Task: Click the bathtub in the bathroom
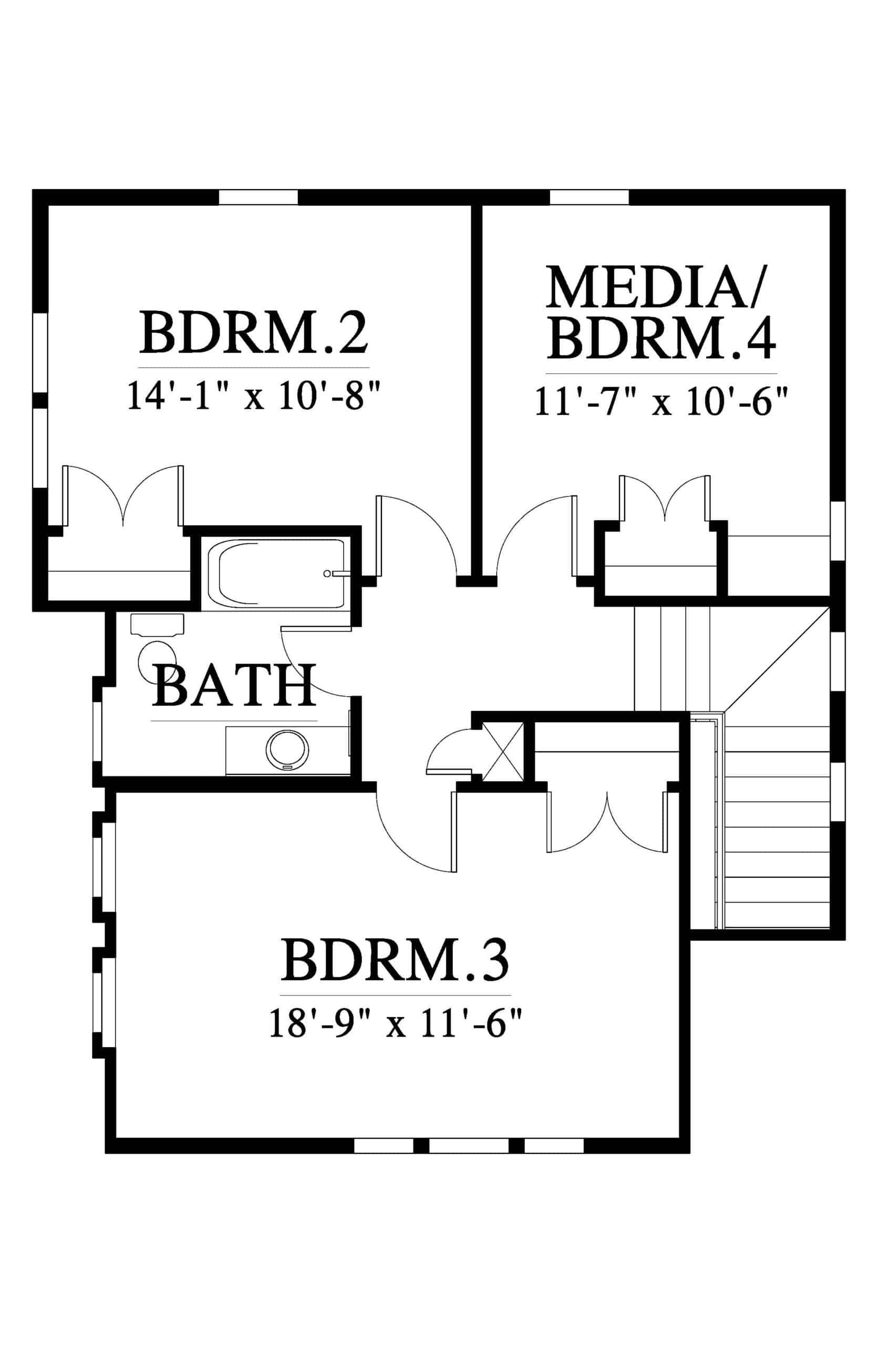point(276,574)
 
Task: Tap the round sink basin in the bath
point(287,750)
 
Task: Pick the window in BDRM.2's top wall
point(258,196)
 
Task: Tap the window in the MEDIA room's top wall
point(589,196)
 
